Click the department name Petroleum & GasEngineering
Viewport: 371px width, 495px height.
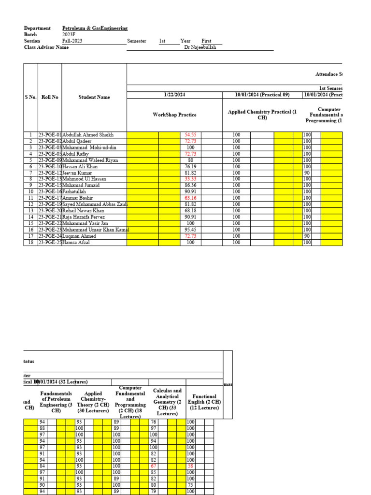point(95,29)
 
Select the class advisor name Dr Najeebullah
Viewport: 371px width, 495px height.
point(200,47)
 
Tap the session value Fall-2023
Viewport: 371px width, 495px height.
point(72,41)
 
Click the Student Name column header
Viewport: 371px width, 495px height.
point(94,97)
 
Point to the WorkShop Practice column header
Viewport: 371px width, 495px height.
point(174,115)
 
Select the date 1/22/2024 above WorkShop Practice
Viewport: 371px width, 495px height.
point(174,95)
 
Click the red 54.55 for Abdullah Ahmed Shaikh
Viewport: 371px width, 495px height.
point(190,135)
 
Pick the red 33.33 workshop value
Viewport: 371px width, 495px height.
point(190,179)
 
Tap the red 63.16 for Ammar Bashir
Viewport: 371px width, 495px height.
point(190,198)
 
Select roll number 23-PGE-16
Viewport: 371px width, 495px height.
point(50,191)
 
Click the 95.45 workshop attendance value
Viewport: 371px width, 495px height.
point(190,230)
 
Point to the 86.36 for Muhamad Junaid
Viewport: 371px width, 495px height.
point(190,185)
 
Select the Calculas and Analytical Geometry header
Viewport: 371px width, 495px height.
point(167,402)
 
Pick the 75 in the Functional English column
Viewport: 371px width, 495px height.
point(191,485)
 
